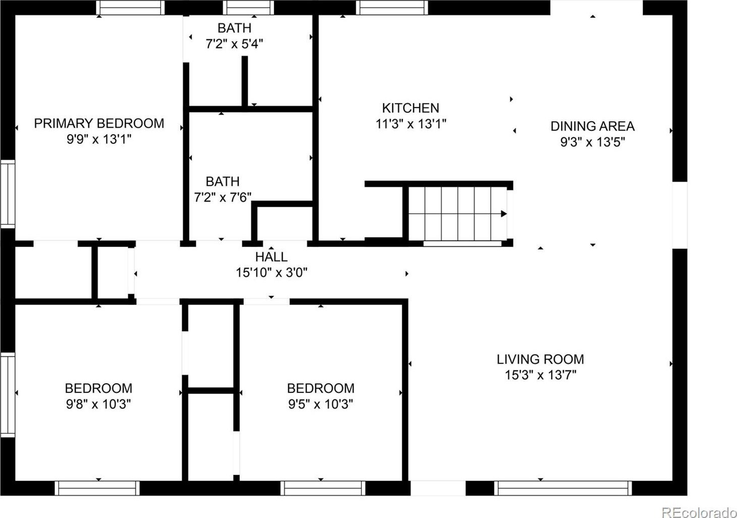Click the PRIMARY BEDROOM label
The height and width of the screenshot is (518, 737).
coord(99,123)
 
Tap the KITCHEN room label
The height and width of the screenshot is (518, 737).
coord(410,108)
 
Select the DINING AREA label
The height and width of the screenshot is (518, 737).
coord(593,126)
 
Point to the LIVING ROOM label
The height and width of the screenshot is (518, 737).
coord(541,359)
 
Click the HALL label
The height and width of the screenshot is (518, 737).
coord(272,256)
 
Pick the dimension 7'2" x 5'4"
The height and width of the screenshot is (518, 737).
coord(235,43)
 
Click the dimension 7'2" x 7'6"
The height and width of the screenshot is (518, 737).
coord(223,197)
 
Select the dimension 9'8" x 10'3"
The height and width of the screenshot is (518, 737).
coord(98,404)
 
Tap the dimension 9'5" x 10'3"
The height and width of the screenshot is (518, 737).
coord(321,404)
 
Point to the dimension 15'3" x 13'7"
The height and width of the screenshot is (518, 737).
coord(541,375)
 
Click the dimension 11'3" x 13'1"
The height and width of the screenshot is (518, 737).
coord(411,124)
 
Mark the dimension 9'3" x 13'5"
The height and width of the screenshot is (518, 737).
coord(593,142)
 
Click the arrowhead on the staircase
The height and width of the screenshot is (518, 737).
coord(504,214)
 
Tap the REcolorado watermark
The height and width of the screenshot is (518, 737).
coord(699,512)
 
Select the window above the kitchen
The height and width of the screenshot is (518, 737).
coord(392,8)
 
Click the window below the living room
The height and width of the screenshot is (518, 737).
coord(563,488)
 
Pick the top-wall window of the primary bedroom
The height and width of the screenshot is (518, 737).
coord(130,8)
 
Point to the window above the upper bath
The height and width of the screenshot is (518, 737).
coord(248,8)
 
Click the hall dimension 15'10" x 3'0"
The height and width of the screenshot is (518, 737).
coord(272,273)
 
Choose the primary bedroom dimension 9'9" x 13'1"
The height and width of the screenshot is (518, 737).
coord(99,139)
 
